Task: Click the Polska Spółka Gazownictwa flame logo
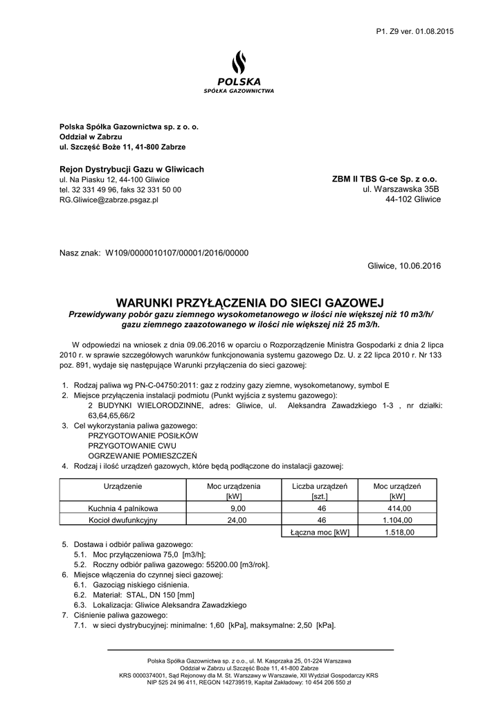[239, 64]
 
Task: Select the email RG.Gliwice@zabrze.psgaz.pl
[109, 199]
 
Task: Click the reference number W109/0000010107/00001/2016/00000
[176, 253]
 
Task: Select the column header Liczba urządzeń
[319, 487]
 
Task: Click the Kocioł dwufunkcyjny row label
[118, 520]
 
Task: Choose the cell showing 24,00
[237, 520]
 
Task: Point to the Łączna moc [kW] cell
[320, 532]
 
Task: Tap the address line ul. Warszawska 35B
[402, 189]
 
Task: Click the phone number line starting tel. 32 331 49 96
[120, 189]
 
